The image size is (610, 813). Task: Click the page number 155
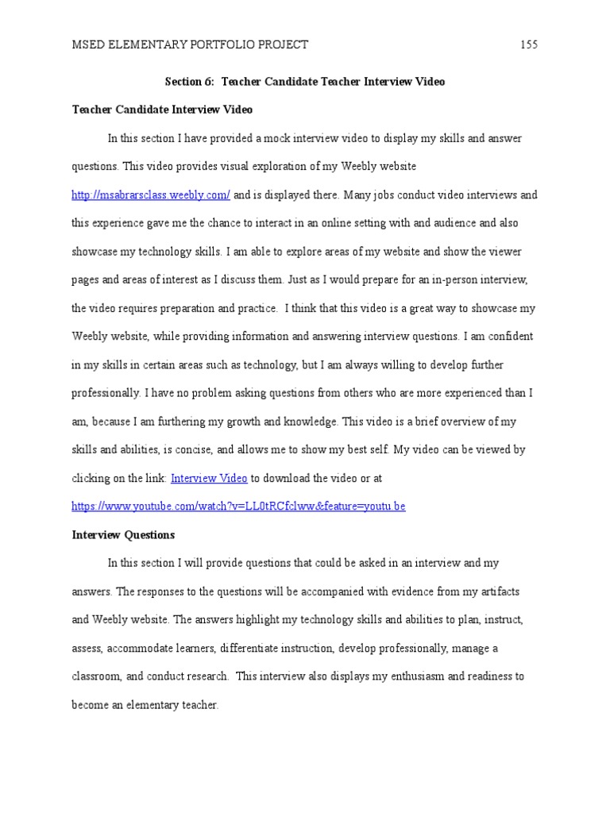pyautogui.click(x=529, y=44)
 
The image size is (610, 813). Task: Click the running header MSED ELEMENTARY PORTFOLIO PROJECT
pyautogui.click(x=190, y=44)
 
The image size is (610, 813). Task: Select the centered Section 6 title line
pyautogui.click(x=305, y=81)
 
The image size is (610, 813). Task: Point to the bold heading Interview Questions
pyautogui.click(x=123, y=535)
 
